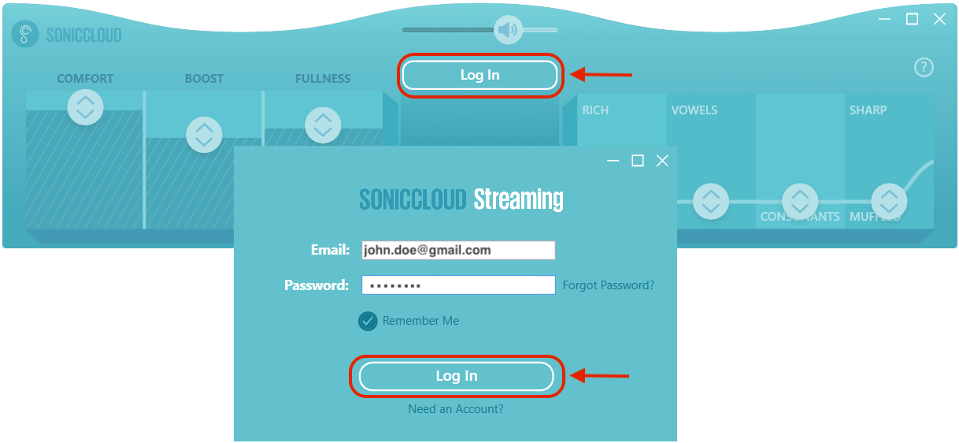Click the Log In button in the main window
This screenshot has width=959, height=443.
[479, 76]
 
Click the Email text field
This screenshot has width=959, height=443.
[458, 250]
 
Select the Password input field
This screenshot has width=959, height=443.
[458, 285]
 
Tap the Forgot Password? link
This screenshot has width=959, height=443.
[608, 285]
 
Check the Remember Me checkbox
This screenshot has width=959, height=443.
[368, 321]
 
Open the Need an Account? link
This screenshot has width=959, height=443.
[455, 409]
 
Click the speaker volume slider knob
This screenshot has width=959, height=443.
[508, 31]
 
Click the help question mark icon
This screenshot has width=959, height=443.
[923, 68]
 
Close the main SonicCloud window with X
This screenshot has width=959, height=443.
[939, 20]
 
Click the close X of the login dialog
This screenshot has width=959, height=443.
[662, 161]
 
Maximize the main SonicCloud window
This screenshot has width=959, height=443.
[912, 20]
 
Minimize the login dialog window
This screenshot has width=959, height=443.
[613, 161]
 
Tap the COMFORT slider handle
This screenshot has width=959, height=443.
[85, 106]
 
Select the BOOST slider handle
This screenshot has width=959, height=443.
[204, 135]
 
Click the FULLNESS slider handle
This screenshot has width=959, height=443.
[322, 125]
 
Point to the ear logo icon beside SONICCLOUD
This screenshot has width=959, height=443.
[25, 35]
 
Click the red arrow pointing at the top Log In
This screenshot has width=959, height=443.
[602, 75]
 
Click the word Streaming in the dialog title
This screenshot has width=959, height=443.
[518, 199]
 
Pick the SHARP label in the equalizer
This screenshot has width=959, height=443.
[868, 110]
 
